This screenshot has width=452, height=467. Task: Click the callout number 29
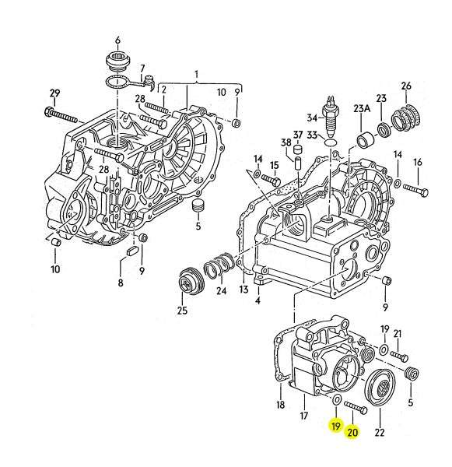click(x=54, y=93)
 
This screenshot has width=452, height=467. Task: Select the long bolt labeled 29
click(x=61, y=115)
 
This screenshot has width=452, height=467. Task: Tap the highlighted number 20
click(x=352, y=432)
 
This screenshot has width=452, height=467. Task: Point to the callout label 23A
click(x=362, y=108)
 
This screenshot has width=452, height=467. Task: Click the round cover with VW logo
click(x=380, y=387)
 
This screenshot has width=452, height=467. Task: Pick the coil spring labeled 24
click(x=218, y=266)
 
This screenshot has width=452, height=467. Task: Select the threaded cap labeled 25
click(x=191, y=282)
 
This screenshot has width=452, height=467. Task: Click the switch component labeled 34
click(x=331, y=115)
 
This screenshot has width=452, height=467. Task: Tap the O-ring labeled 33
click(x=330, y=142)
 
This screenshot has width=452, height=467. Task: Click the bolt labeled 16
click(x=416, y=189)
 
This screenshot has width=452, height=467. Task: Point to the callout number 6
click(x=118, y=40)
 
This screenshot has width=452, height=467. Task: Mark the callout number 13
click(x=244, y=289)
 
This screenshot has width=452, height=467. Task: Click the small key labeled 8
click(x=131, y=251)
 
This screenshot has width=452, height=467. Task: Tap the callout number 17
click(x=303, y=416)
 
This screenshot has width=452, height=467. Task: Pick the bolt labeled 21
click(x=399, y=356)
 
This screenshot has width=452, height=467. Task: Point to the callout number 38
click(x=286, y=142)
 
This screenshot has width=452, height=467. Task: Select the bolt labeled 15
click(x=271, y=181)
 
